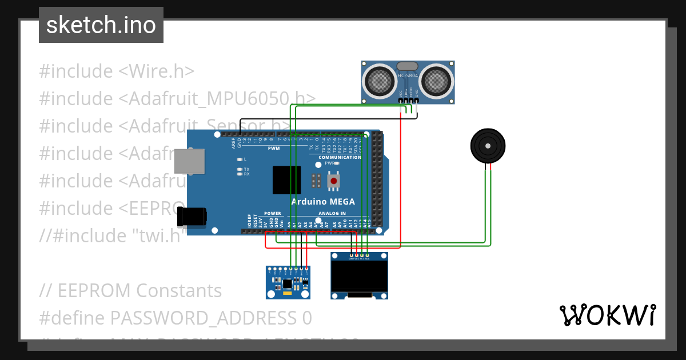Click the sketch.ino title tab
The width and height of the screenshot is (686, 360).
click(x=101, y=25)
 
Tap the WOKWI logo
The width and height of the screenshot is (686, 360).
click(x=607, y=315)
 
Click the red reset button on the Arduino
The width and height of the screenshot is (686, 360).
click(x=334, y=181)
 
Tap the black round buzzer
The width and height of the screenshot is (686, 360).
click(x=488, y=146)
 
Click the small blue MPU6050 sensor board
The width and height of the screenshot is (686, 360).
click(x=288, y=283)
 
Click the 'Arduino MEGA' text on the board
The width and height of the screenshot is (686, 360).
click(x=322, y=202)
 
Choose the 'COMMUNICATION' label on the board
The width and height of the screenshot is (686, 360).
click(x=340, y=157)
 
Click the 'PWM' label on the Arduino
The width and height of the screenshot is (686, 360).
click(x=274, y=148)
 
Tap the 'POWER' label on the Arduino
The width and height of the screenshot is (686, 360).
click(x=273, y=213)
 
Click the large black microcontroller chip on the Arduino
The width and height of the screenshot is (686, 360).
click(x=286, y=180)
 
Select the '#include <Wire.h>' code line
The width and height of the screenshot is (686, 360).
click(x=117, y=71)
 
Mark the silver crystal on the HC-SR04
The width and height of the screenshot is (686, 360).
click(x=408, y=67)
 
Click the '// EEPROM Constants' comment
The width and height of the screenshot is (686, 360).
click(x=130, y=290)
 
